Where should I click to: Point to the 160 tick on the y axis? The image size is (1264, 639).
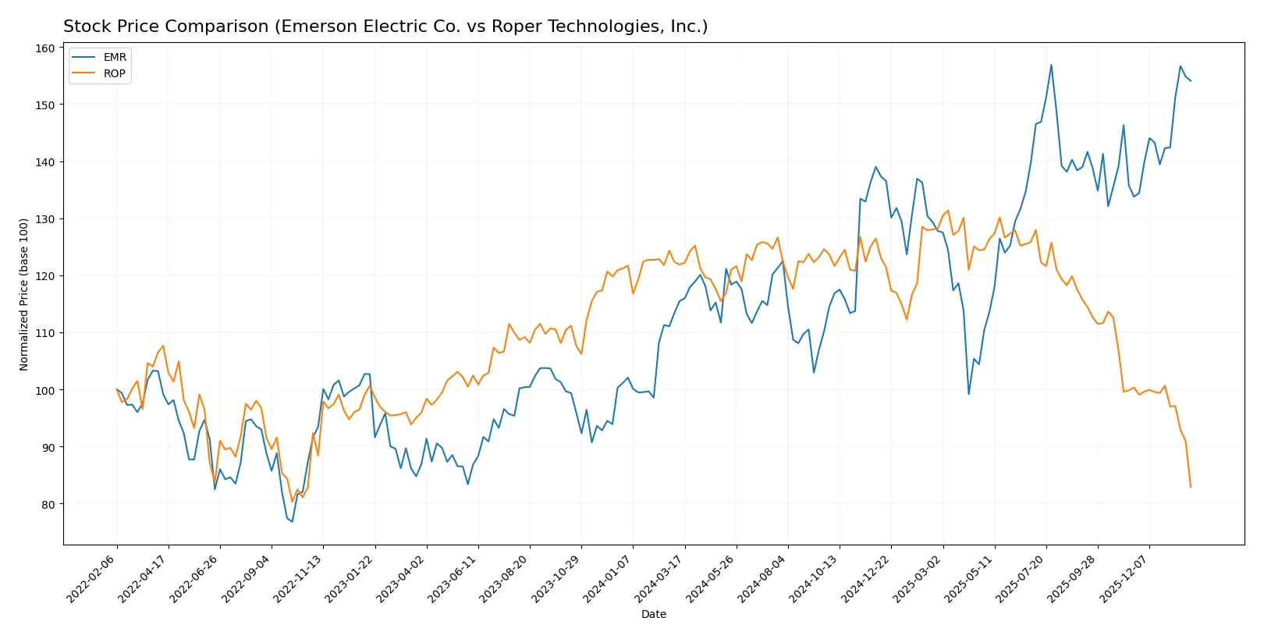(x=45, y=48)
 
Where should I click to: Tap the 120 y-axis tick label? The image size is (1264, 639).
(x=45, y=276)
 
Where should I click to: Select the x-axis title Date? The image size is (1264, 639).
(x=653, y=614)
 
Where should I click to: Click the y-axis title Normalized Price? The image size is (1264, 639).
(x=23, y=294)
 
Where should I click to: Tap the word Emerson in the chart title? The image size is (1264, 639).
(x=315, y=27)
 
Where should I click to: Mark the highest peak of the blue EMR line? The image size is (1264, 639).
(x=1051, y=65)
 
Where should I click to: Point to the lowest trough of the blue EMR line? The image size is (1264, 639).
(x=292, y=521)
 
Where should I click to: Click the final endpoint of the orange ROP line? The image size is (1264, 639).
(x=1191, y=488)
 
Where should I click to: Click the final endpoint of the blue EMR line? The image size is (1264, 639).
(x=1191, y=81)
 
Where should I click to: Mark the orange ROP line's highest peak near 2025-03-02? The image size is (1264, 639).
(x=948, y=211)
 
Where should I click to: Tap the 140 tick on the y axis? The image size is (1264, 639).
(x=45, y=162)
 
